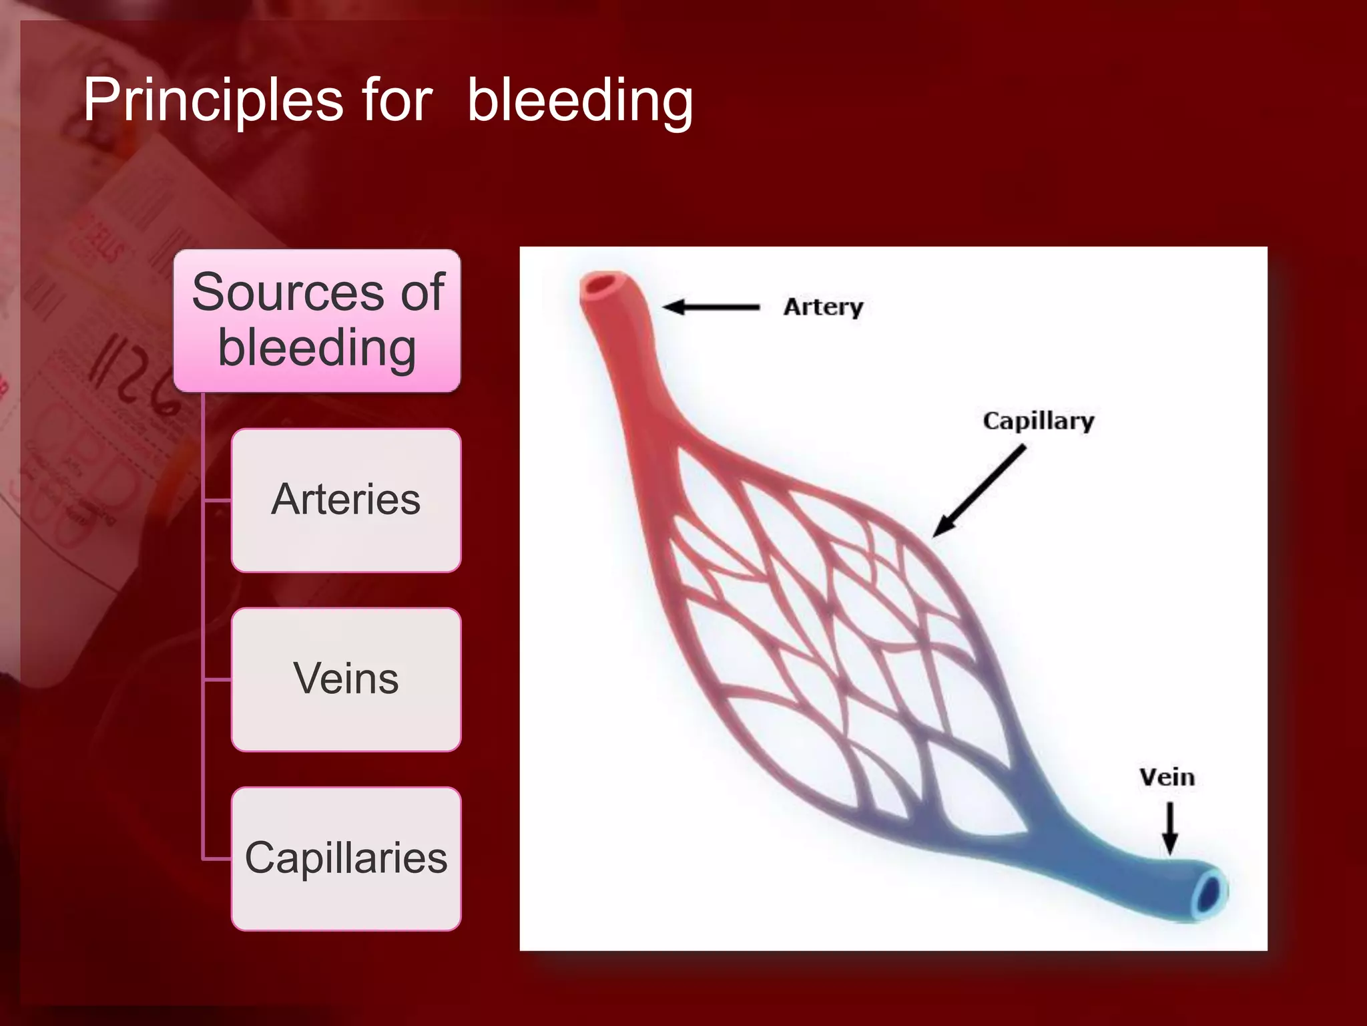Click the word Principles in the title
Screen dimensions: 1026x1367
(x=212, y=100)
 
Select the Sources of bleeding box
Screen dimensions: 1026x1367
(x=317, y=321)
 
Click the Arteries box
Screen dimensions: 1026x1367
(x=346, y=500)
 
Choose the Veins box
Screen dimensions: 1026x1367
(x=346, y=679)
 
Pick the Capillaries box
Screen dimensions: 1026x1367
(x=346, y=858)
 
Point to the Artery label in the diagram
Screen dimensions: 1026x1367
(x=823, y=307)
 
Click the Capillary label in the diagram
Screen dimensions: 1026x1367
(x=1038, y=421)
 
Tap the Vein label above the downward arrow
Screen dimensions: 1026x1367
(x=1167, y=778)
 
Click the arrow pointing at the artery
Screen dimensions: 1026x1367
(x=711, y=307)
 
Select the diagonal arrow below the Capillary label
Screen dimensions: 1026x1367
(x=979, y=492)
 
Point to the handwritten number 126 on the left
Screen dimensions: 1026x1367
(x=133, y=374)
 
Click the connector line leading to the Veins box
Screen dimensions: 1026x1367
(x=217, y=679)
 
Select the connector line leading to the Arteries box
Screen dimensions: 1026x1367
(x=217, y=500)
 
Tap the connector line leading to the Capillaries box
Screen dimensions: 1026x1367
(x=217, y=858)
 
